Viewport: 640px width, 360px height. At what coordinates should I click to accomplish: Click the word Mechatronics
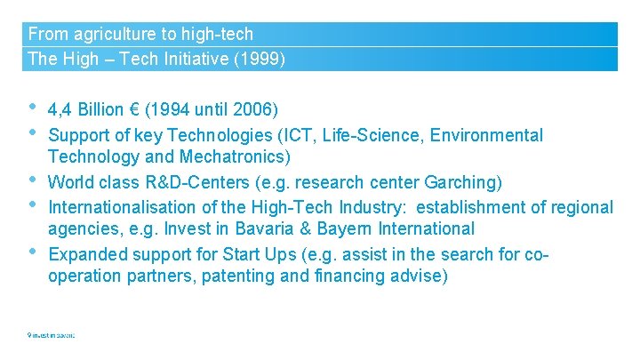tap(244, 157)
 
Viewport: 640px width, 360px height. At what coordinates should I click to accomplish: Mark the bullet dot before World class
tap(32, 180)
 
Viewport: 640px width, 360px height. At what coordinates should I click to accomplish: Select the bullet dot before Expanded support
tap(32, 252)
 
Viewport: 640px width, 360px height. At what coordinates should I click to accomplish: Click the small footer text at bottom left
tap(51, 335)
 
